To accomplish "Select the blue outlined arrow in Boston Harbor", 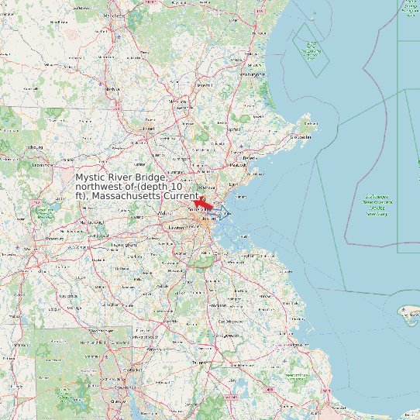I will pyautogui.click(x=224, y=215).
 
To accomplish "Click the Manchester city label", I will pyautogui.click(x=114, y=15).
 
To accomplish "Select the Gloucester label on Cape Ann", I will pyautogui.click(x=301, y=137).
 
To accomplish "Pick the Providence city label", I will pyautogui.click(x=118, y=402).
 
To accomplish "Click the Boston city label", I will pyautogui.click(x=208, y=219).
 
